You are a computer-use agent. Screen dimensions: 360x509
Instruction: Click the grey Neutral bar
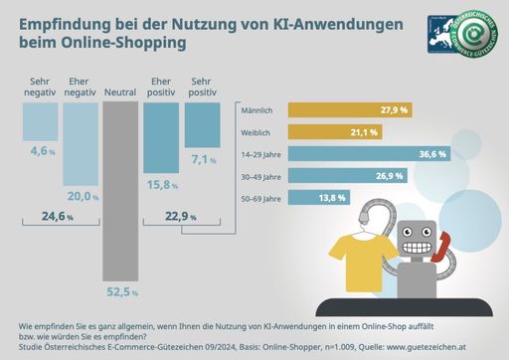point(121,189)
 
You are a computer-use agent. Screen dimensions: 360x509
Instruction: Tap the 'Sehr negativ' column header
point(40,86)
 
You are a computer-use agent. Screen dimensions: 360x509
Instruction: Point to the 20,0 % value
point(80,195)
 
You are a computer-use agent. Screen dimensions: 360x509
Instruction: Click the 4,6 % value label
point(40,152)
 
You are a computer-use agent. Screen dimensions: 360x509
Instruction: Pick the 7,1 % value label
point(202,159)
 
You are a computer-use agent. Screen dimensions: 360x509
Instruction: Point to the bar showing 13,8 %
point(317,198)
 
